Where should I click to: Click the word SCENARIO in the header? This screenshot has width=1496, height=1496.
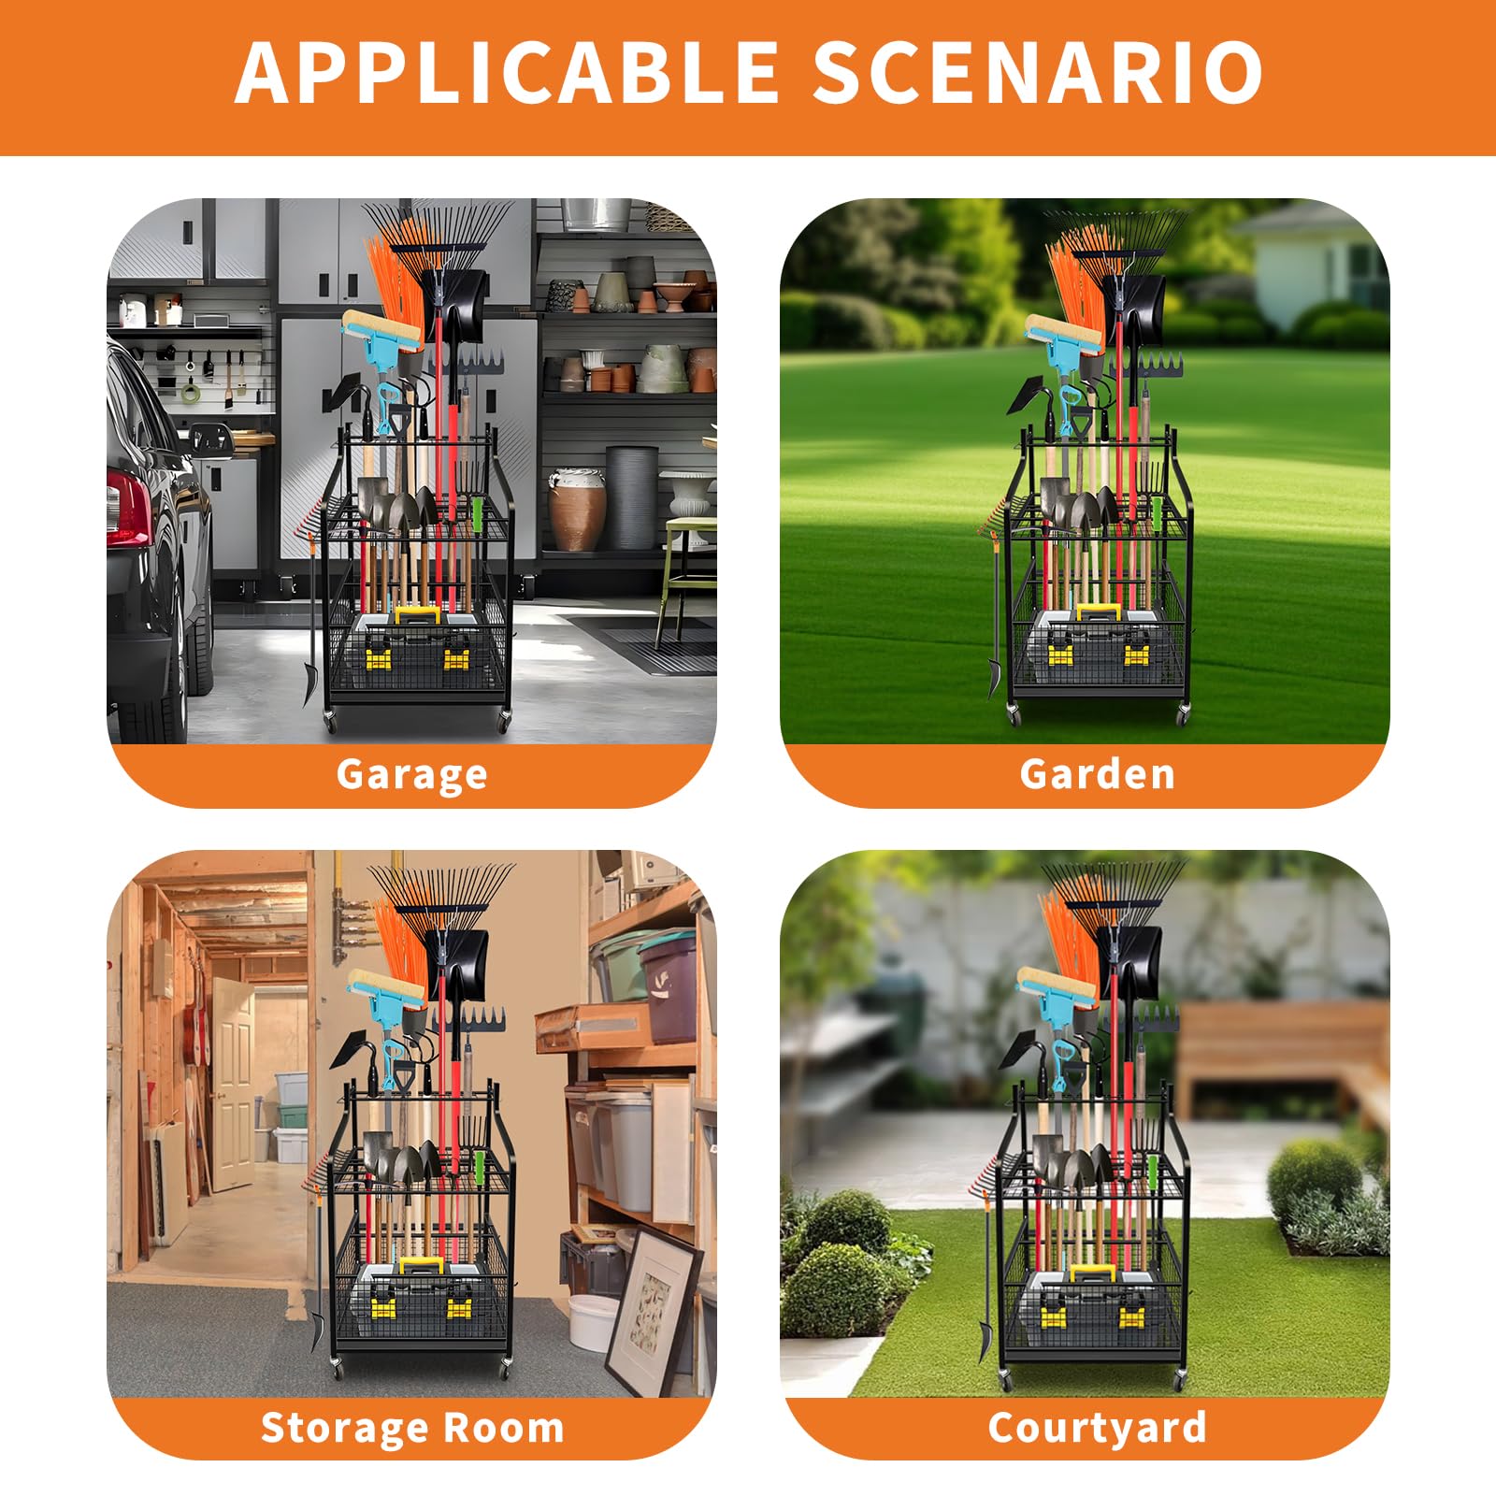coord(1037,72)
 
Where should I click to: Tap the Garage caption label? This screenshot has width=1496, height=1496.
coord(411,775)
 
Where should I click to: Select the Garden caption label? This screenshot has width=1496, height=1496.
coord(1097,774)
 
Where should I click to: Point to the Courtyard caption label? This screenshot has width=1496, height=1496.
coord(1097,1428)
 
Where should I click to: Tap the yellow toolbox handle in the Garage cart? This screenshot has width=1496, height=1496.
coord(417,614)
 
